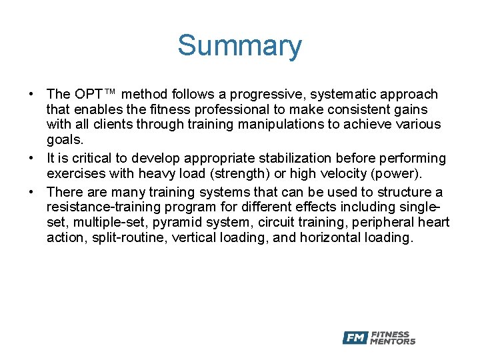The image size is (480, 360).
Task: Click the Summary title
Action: coord(239,46)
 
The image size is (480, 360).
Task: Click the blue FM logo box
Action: coord(355,338)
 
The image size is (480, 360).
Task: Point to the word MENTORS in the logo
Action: coord(393,342)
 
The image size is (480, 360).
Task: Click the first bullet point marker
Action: coord(31,95)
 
